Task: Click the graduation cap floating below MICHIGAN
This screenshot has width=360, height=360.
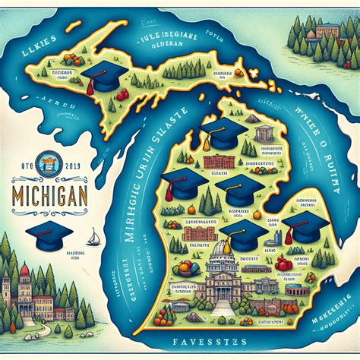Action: [48, 232]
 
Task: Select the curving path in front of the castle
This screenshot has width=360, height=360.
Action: [46, 328]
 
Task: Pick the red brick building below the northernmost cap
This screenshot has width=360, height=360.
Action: [219, 162]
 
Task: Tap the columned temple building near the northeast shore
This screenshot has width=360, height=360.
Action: [264, 135]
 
